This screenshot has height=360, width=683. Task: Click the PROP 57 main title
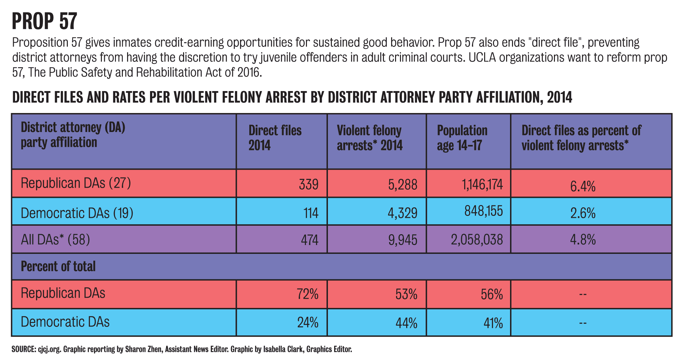click(x=45, y=21)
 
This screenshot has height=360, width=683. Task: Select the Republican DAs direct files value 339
click(x=308, y=185)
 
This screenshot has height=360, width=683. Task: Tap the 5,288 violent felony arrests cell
click(x=403, y=185)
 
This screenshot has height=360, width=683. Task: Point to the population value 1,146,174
click(x=482, y=185)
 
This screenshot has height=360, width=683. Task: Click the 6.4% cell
click(x=582, y=186)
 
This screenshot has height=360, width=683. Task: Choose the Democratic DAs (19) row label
click(x=77, y=213)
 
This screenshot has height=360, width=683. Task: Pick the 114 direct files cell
click(x=311, y=213)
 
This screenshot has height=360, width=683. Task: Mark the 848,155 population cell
click(x=484, y=211)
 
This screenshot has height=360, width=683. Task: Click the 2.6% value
click(x=582, y=213)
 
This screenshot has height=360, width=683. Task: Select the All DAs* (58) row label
click(x=55, y=240)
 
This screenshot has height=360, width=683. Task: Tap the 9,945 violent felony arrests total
click(x=403, y=240)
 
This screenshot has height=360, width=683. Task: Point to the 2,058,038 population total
click(x=477, y=240)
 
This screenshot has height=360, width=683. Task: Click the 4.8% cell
click(x=582, y=240)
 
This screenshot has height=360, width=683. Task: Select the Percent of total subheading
click(x=58, y=266)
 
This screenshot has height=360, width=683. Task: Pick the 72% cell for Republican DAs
click(x=308, y=294)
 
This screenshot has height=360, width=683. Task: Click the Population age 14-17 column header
click(x=462, y=138)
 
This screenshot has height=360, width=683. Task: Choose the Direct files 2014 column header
click(x=275, y=138)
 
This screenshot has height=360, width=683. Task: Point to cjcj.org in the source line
click(x=49, y=349)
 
